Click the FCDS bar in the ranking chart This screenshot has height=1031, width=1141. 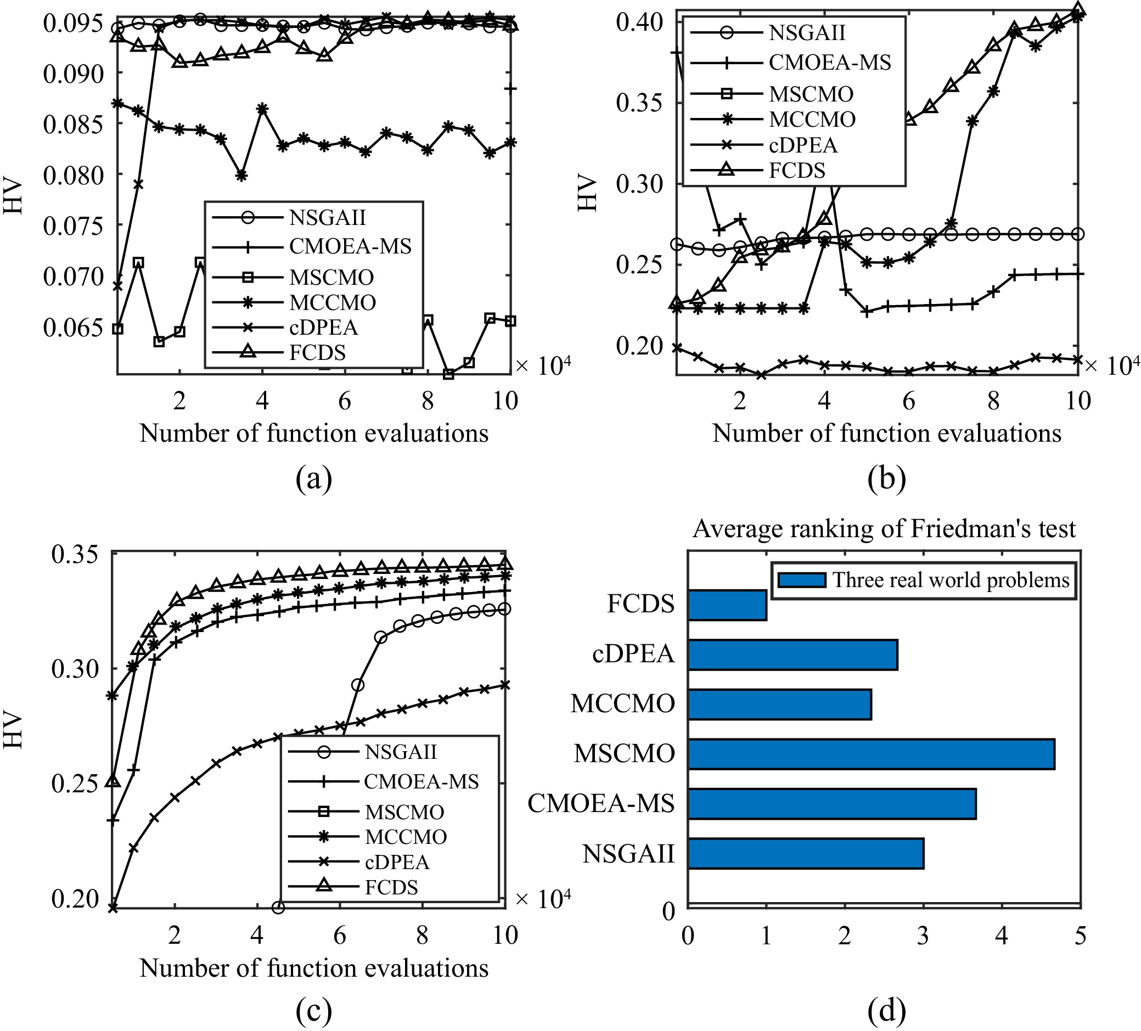tap(727, 605)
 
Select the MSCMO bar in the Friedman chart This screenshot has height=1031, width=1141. tap(871, 754)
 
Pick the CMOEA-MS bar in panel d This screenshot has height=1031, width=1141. tap(832, 803)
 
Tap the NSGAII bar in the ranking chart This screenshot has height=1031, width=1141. tap(806, 853)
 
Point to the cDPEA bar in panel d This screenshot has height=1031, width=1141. tap(792, 655)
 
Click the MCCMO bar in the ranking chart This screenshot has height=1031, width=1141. tap(780, 704)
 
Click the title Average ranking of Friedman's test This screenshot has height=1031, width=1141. tap(884, 529)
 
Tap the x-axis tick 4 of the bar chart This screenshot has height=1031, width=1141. tap(1002, 937)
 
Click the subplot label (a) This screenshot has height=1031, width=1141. tap(313, 478)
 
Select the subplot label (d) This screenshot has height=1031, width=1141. tap(886, 1010)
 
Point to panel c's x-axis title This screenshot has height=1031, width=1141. tap(313, 968)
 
